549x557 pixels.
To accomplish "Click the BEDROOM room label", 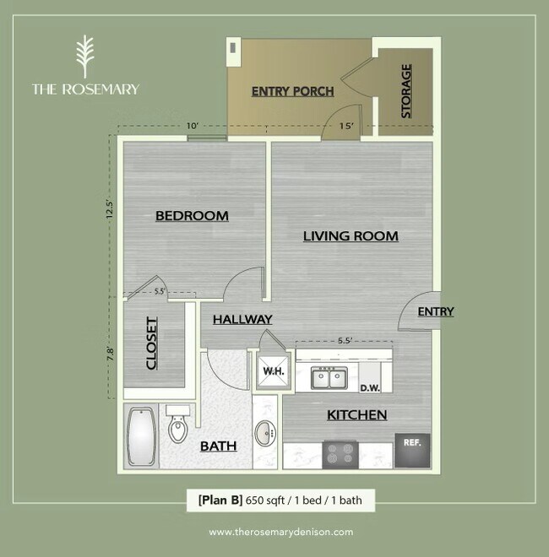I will point(192,216).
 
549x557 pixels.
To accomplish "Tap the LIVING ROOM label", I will point(351,236).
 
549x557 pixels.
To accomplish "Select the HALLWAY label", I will point(242,319).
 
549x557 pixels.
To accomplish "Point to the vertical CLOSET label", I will point(153,343).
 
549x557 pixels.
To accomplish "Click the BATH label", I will point(218,446).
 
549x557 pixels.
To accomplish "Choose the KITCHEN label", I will point(357,415).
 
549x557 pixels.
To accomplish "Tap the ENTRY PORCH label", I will point(293,91).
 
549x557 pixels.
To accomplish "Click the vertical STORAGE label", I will point(406,91).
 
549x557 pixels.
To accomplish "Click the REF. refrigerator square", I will point(413,442).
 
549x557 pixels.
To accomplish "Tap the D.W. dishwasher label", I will point(370,389).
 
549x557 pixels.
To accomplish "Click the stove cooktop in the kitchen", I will point(343,454).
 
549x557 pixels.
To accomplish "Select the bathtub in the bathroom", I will point(141,437).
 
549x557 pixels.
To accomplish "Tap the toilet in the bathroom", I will point(178,427).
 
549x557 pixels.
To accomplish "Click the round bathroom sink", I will point(266,434).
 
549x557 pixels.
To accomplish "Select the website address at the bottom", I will point(274,533).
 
